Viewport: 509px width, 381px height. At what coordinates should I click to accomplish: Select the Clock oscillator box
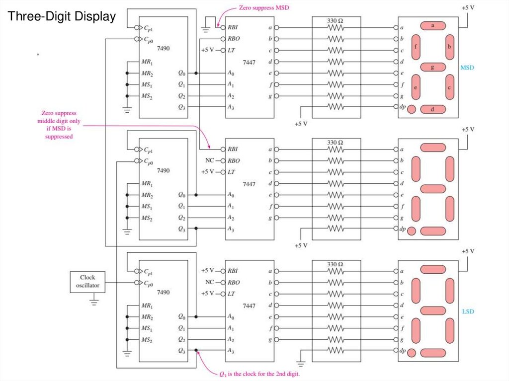87,282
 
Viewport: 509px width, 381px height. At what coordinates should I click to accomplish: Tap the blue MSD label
467,67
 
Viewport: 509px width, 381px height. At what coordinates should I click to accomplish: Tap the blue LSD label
468,311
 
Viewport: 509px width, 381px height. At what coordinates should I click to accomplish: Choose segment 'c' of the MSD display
450,86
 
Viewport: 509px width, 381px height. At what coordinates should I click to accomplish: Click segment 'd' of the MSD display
433,109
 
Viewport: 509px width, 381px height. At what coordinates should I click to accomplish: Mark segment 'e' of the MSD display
416,86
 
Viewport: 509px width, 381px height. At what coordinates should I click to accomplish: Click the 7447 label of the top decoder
250,62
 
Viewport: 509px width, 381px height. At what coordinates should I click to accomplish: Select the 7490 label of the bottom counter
163,292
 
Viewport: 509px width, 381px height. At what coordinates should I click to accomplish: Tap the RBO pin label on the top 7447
234,39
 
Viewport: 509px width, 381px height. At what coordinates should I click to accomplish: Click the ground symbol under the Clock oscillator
94,300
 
